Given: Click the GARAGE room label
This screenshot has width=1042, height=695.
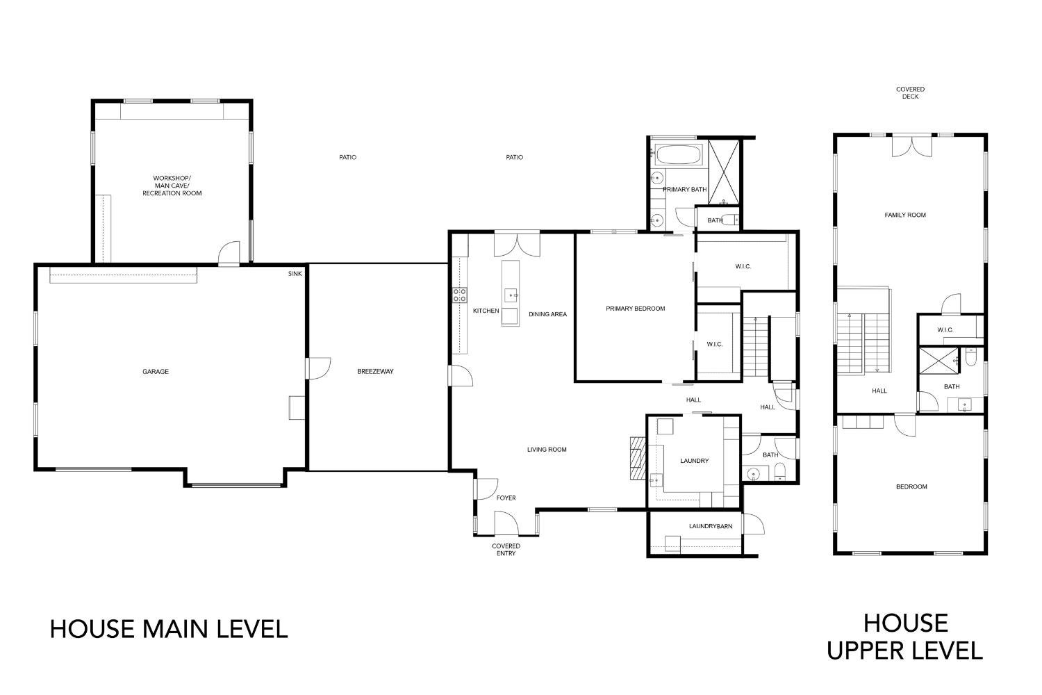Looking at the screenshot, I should pos(156,372).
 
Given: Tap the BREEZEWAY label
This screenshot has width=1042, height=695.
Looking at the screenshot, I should pos(375,372).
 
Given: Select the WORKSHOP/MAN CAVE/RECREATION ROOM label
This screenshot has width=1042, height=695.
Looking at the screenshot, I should pos(172,186).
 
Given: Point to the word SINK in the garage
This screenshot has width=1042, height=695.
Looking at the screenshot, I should pos(295,274).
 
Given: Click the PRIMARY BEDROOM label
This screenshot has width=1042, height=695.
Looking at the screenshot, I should pos(635,309).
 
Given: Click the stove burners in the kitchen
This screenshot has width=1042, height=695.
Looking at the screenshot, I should pos(459,295).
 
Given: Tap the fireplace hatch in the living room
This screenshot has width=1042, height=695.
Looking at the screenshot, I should pos(637,458).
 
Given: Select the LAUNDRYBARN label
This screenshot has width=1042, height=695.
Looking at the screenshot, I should pos(711,526).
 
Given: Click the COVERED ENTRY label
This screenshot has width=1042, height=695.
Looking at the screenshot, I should pos(506,550).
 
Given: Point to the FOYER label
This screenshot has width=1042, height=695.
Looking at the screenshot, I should pos(506,498).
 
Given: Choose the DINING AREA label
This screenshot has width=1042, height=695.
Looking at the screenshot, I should pos(547,314).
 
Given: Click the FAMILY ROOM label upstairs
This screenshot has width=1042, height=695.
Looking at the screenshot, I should pos(905,215).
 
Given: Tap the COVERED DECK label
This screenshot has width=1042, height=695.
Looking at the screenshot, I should pos(910,93).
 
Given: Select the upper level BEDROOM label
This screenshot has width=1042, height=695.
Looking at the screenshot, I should pos(911,486).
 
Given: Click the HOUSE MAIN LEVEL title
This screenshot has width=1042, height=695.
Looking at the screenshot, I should pos(169,629).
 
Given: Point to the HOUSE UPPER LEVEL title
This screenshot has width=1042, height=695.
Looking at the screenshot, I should pos(905,637).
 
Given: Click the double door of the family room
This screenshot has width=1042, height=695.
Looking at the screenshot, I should pos(910,145).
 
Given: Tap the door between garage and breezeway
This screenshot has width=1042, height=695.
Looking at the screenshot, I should pos(318,368).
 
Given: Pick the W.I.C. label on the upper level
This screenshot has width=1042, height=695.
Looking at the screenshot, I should pos(945,330).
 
